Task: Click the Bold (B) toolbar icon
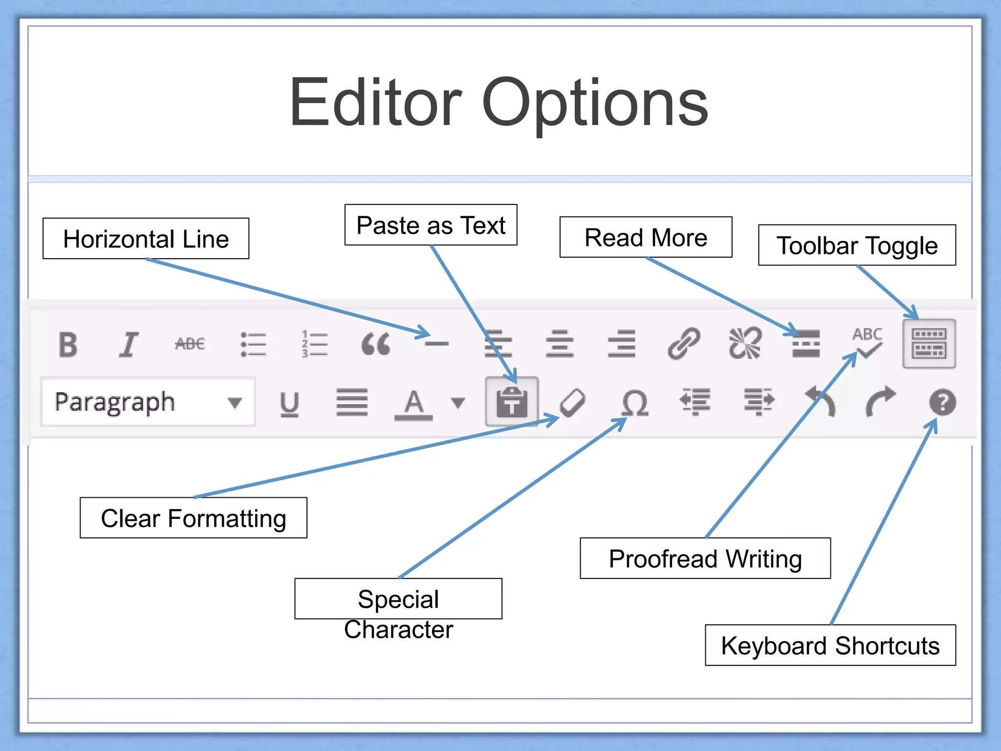click(x=68, y=345)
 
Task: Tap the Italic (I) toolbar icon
click(x=129, y=345)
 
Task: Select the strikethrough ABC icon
click(x=190, y=344)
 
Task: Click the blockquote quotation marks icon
click(x=375, y=344)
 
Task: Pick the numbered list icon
click(x=314, y=344)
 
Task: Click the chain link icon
click(x=684, y=343)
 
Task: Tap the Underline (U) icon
click(x=289, y=404)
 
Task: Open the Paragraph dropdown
click(x=148, y=402)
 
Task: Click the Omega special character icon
click(x=635, y=403)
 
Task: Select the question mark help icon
click(x=942, y=402)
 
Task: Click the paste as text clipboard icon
click(x=512, y=402)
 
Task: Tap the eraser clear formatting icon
click(x=572, y=403)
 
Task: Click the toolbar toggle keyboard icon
click(x=929, y=343)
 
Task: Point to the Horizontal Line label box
click(x=146, y=239)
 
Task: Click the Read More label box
click(x=646, y=237)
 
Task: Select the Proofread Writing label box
click(x=705, y=558)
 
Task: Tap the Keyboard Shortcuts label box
click(x=830, y=645)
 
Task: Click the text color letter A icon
click(x=413, y=404)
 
